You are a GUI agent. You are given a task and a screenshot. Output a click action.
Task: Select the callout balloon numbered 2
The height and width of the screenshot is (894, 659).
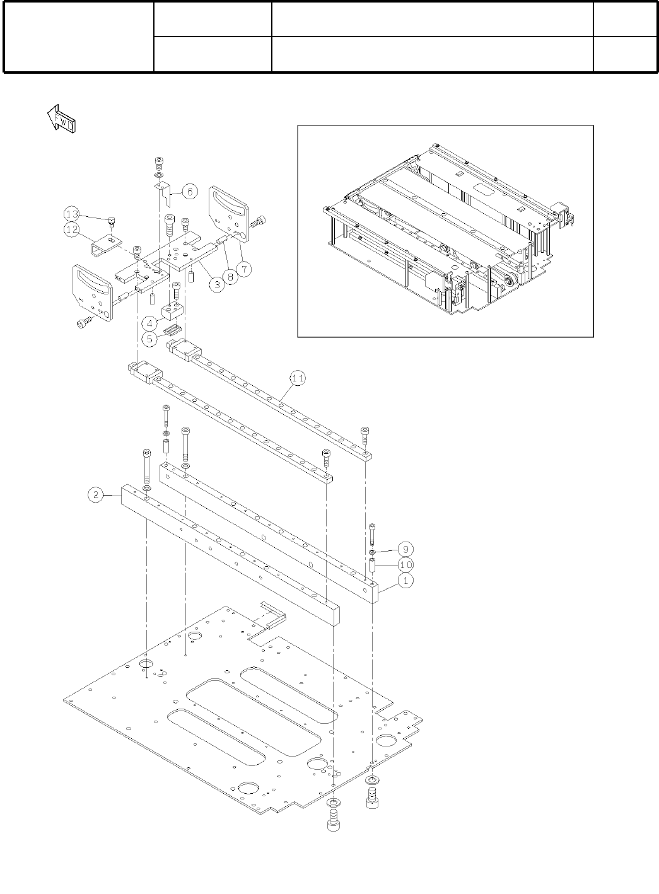click(x=95, y=495)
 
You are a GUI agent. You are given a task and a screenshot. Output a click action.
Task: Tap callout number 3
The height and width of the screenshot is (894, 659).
click(x=216, y=285)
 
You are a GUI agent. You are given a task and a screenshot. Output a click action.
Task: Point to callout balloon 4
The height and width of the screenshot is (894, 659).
click(x=149, y=323)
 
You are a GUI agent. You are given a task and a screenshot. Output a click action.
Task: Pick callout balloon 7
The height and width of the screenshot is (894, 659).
click(x=244, y=269)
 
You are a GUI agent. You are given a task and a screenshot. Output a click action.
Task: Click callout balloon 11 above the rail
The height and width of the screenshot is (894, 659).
click(x=298, y=378)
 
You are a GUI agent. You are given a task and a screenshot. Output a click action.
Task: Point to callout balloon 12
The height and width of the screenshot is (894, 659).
click(x=72, y=229)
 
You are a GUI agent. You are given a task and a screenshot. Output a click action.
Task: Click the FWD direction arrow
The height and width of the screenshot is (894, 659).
click(x=61, y=119)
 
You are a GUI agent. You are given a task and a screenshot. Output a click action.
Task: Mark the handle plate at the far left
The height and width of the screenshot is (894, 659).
click(x=93, y=293)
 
